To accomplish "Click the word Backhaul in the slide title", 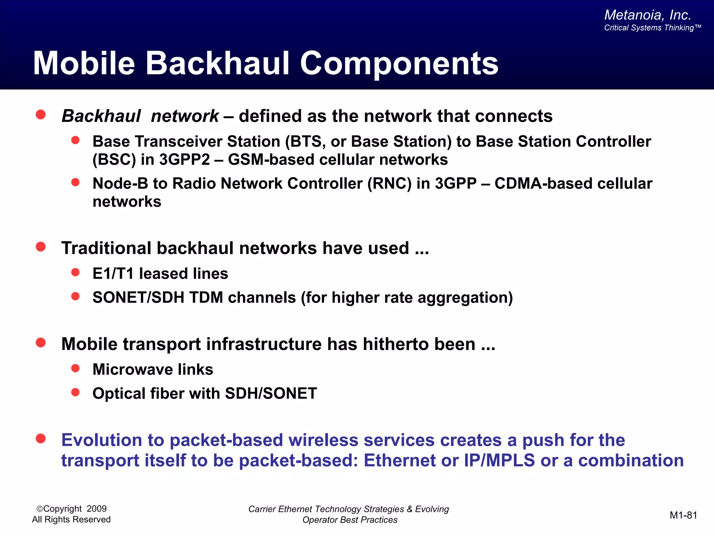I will click(217, 64).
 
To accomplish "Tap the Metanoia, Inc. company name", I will click(647, 15).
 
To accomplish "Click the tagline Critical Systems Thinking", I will click(652, 28).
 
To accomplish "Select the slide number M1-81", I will click(683, 515).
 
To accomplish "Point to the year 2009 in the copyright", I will click(97, 509).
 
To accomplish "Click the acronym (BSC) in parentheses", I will click(114, 160).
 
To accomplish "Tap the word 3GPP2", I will click(184, 160).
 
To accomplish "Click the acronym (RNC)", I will click(389, 184).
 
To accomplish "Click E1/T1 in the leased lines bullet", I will click(113, 274).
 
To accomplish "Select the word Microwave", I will click(132, 370).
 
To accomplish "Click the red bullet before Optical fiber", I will click(75, 393).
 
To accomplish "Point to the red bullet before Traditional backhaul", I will click(41, 247).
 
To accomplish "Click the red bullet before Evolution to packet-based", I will click(41, 439).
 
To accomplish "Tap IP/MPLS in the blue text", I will click(499, 460).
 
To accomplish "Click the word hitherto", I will click(396, 344).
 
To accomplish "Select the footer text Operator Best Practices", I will click(350, 520).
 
